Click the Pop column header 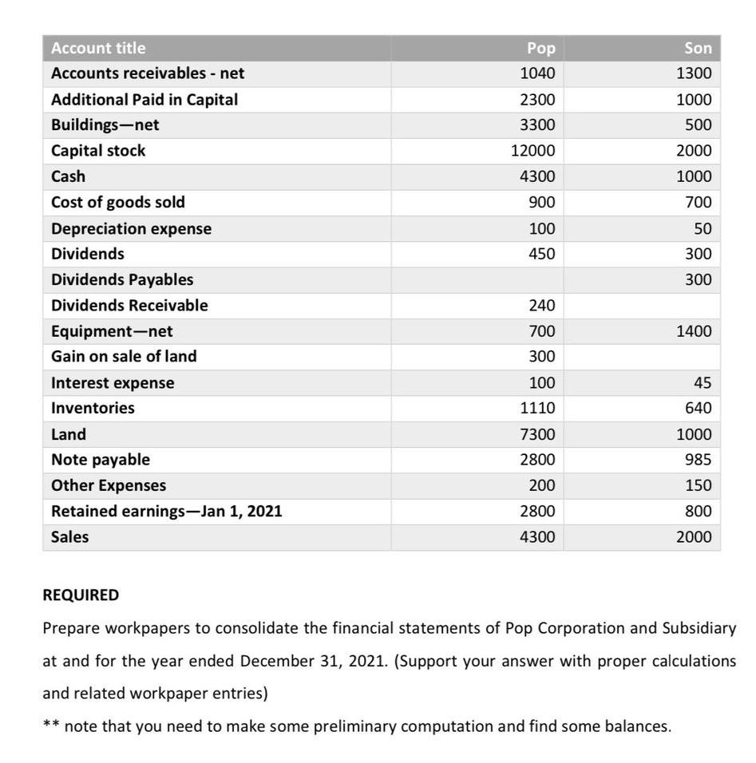(x=540, y=48)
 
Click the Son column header (x=697, y=48)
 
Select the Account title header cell (x=98, y=48)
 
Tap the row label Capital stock (x=98, y=151)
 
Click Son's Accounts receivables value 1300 (x=693, y=73)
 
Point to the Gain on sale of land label (x=124, y=356)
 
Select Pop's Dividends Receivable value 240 (x=541, y=305)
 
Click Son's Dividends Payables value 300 (x=698, y=279)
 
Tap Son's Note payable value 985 (x=698, y=460)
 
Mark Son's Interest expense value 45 (x=702, y=382)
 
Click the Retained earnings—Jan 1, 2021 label (x=166, y=511)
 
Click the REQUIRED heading (x=81, y=595)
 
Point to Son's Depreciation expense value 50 (x=702, y=228)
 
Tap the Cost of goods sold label (x=117, y=202)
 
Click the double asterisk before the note (x=49, y=725)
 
